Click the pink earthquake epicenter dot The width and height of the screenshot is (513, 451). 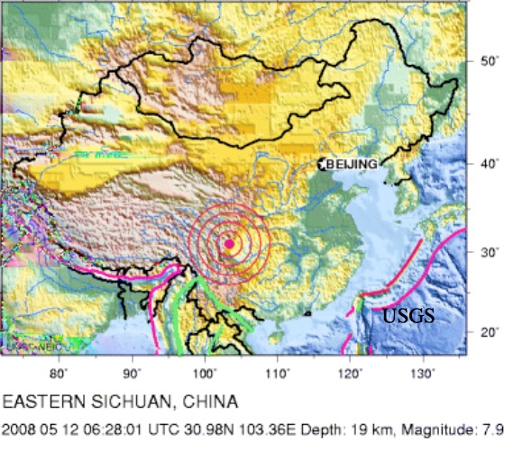(x=229, y=244)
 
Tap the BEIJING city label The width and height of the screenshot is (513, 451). (x=351, y=164)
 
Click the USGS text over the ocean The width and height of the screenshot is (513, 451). (x=408, y=316)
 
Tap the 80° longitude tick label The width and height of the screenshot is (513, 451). (x=60, y=372)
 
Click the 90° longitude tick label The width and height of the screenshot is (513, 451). (x=133, y=372)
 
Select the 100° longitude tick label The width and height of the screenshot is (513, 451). (x=205, y=372)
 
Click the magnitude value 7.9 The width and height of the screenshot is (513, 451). (x=492, y=431)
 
